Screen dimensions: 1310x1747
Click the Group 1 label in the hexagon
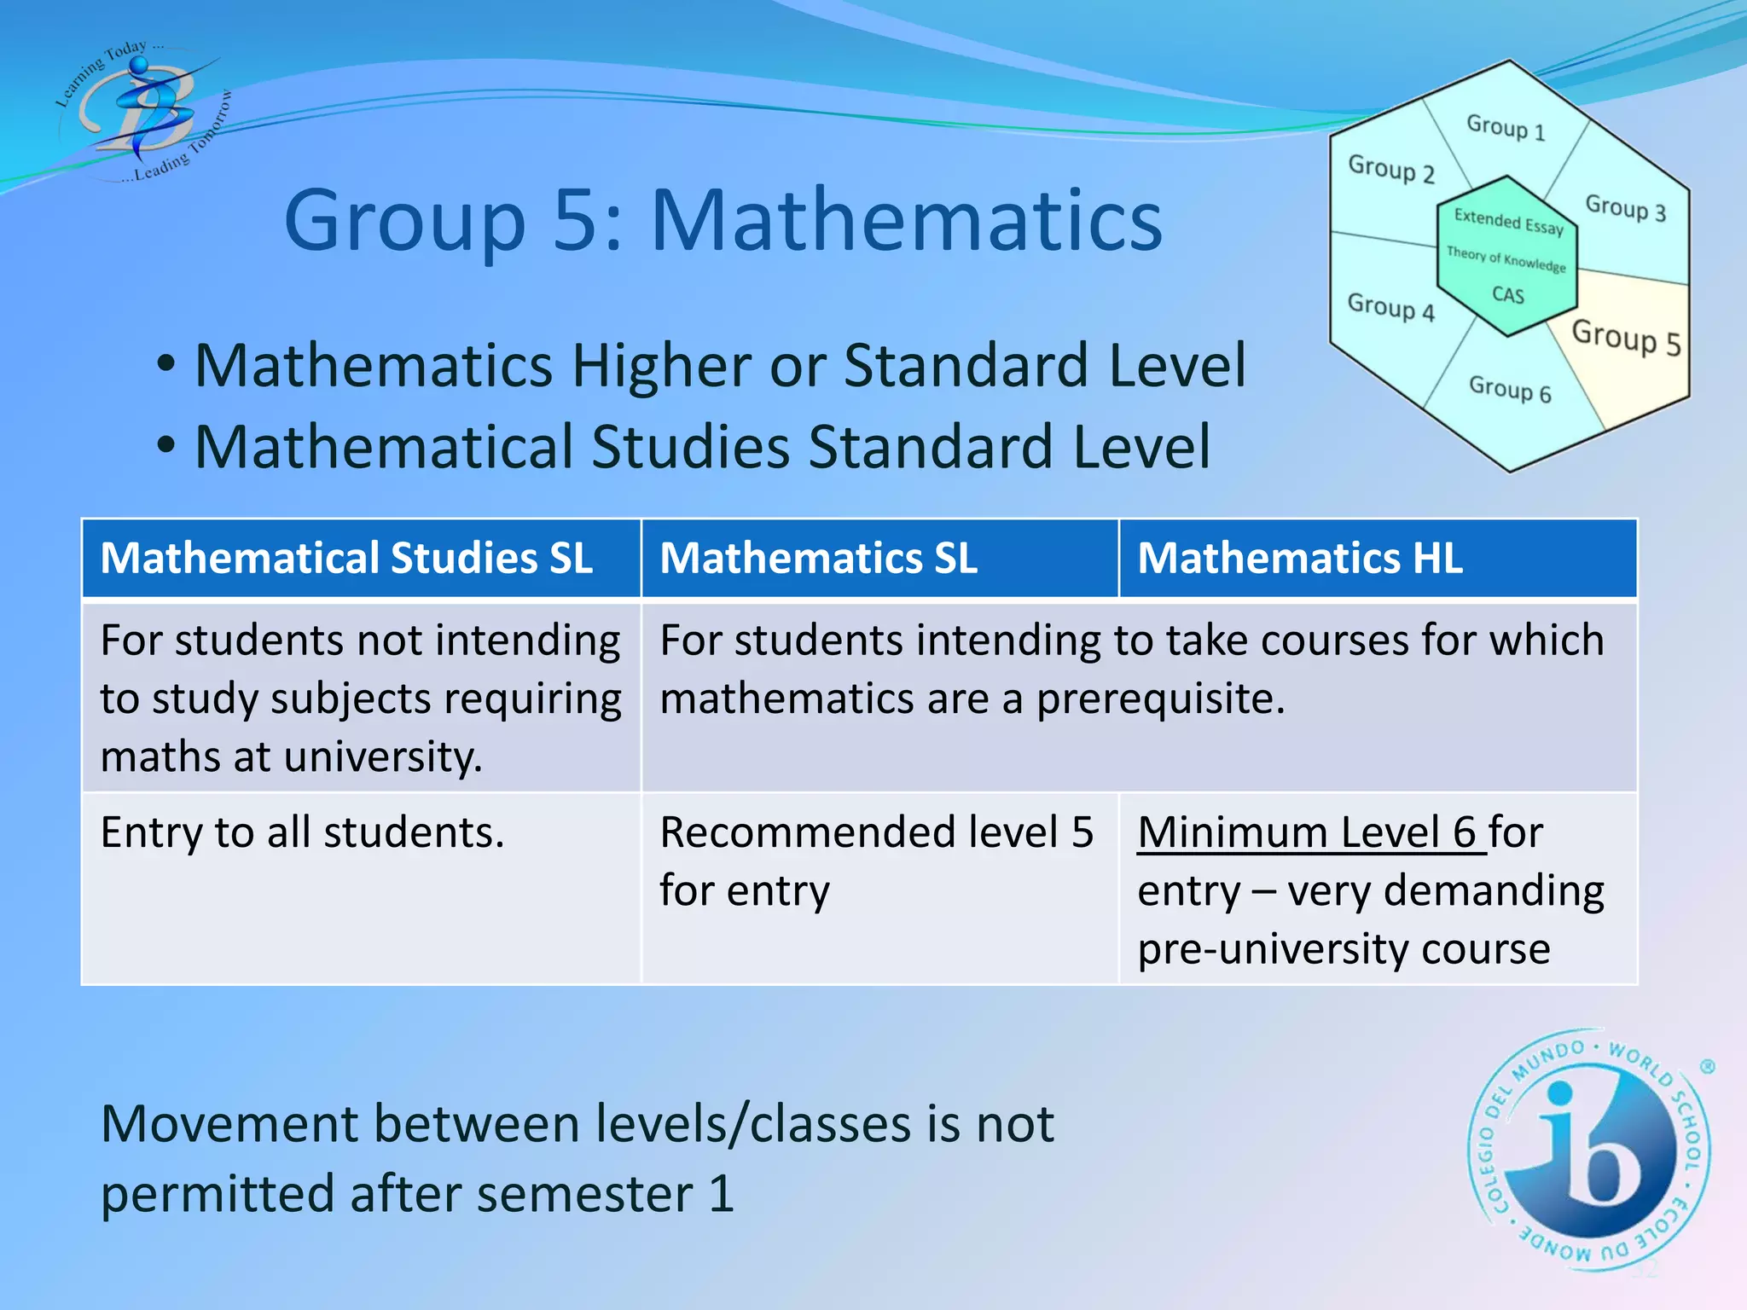point(1506,128)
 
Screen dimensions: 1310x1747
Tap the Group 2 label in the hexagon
point(1390,169)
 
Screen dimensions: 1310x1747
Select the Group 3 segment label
point(1625,208)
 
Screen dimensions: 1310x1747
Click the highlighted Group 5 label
point(1626,338)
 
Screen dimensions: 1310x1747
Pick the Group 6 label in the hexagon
point(1510,390)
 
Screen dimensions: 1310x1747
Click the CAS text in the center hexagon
point(1508,295)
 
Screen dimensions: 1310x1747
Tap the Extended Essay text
point(1508,222)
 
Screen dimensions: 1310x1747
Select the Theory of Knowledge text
point(1506,259)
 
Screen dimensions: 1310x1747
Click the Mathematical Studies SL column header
point(346,559)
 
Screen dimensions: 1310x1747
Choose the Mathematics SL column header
point(819,559)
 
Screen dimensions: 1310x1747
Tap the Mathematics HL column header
point(1300,559)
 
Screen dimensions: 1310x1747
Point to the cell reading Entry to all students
point(303,832)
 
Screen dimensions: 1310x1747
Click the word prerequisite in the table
point(1160,699)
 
